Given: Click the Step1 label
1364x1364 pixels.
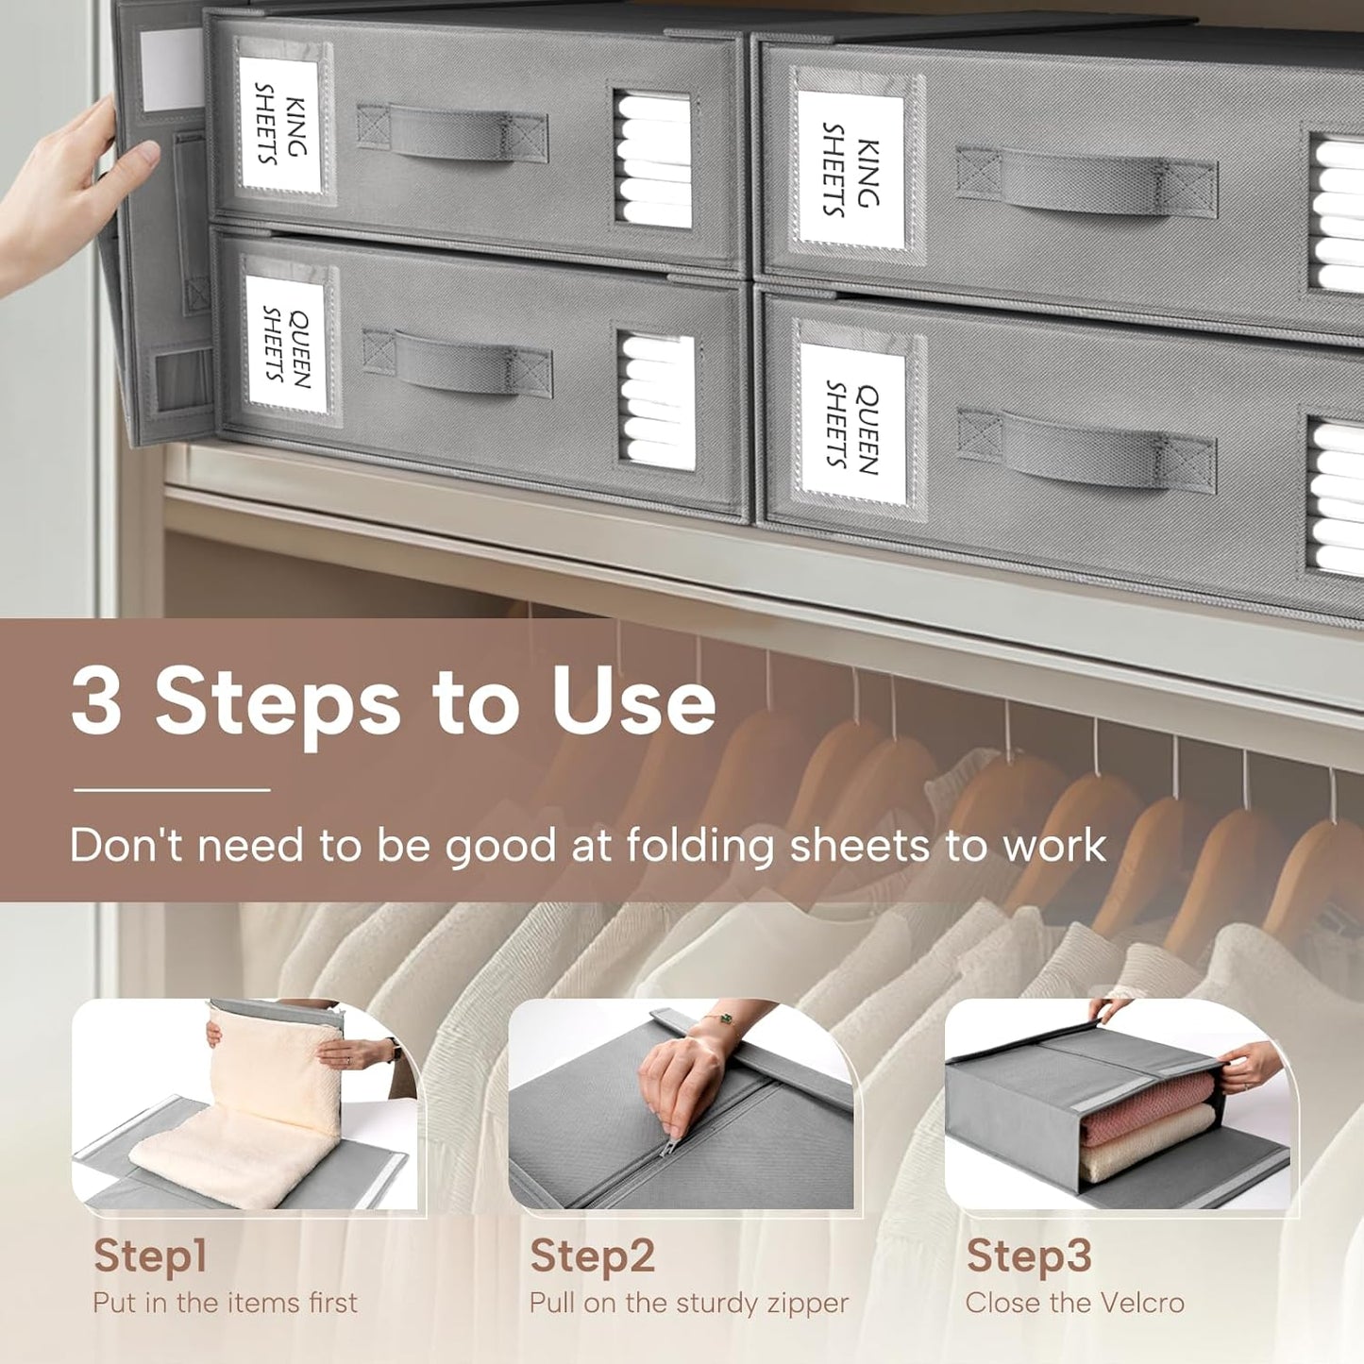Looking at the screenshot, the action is coord(150,1255).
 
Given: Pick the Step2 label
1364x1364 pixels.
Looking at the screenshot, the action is coord(592,1255).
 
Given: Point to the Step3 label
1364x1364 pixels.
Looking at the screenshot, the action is coord(1029,1255).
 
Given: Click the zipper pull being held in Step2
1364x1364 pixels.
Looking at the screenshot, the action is coord(666,1145).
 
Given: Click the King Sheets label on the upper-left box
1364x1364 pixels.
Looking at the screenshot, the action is coord(281,126).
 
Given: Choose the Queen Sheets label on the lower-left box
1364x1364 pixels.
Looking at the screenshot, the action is coord(286,345).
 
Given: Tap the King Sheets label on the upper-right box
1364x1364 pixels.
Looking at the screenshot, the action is coord(850,169).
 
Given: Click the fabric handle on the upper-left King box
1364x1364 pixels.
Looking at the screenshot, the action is coord(452,133).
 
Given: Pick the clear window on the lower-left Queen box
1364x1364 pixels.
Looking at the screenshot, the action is coord(655,400).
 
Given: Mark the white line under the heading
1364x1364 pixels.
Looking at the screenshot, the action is coord(172,789).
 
